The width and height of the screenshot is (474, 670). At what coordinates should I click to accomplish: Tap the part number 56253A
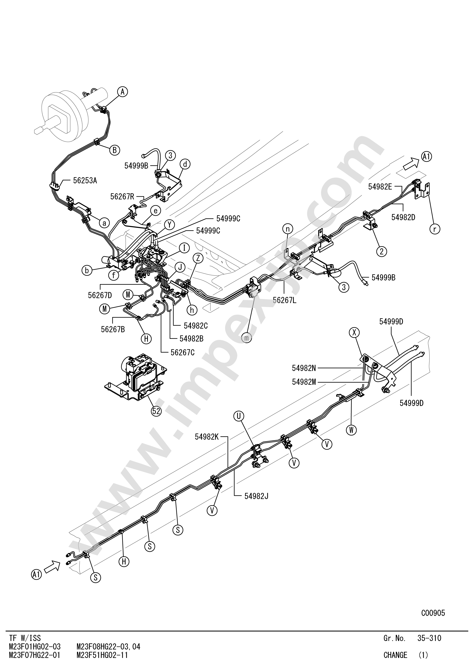coord(85,181)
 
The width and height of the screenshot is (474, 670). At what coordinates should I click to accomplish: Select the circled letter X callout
coord(355,332)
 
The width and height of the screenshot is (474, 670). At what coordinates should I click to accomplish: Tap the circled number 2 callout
coord(382,251)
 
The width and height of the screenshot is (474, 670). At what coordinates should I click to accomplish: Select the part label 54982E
coord(380,187)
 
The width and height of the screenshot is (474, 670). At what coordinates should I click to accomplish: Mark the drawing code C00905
coord(433,613)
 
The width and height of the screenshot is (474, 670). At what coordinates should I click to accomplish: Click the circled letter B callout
coord(115,150)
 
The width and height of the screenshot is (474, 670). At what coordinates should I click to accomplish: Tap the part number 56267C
coord(183,353)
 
